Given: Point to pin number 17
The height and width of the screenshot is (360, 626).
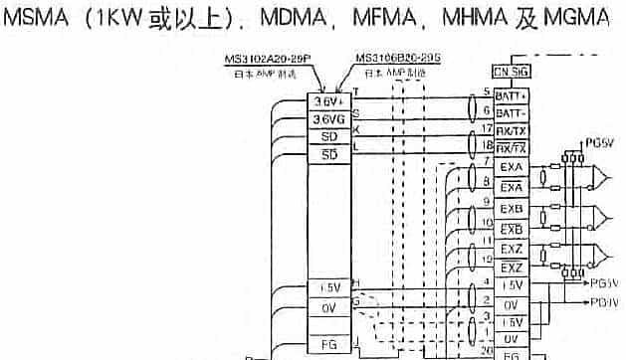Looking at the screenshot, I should [486, 128].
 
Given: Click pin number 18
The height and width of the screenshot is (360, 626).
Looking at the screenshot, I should [486, 145].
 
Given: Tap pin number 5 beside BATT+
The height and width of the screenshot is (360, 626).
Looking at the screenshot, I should [487, 91].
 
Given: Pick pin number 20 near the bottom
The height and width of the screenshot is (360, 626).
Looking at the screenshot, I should [485, 350].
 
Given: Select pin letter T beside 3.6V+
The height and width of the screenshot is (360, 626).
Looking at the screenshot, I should [356, 92].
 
